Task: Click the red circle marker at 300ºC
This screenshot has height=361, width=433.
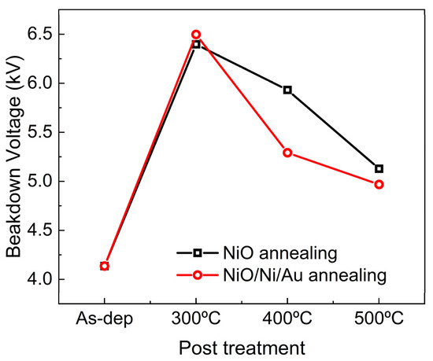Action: tap(196, 35)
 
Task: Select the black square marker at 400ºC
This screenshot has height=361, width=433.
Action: tap(287, 90)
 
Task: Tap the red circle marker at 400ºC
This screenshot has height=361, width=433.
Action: tap(287, 153)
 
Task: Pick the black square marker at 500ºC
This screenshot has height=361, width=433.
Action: tap(379, 168)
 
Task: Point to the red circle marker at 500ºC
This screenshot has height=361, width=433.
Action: tap(379, 184)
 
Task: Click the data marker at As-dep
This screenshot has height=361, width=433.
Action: tap(105, 266)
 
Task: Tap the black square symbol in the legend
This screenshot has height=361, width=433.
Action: tap(198, 252)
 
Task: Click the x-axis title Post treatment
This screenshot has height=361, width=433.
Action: tap(241, 346)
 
